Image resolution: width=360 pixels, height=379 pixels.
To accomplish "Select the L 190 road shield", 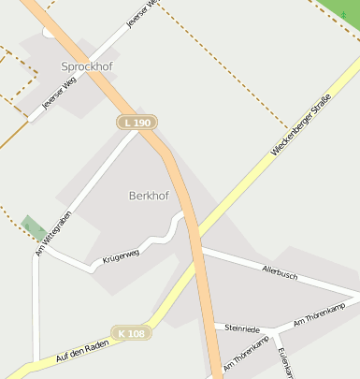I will (x=137, y=123).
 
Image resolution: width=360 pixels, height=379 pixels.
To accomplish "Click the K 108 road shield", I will (x=132, y=333).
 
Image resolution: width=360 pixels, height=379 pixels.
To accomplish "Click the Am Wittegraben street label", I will (x=52, y=234).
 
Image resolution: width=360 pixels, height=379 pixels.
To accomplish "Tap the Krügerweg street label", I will (x=121, y=254).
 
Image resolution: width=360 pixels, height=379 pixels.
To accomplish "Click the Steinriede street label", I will (x=243, y=329).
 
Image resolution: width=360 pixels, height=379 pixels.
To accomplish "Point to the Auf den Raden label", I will (x=81, y=352).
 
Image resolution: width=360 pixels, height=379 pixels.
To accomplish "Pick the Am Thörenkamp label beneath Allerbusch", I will (x=320, y=314).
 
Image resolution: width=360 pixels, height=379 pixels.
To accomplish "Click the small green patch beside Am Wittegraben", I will (x=35, y=227).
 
